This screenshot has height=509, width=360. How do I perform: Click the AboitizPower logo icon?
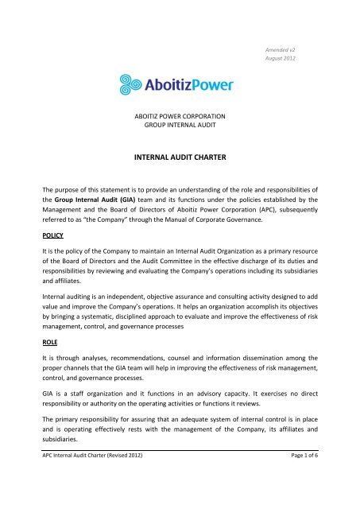coord(130,84)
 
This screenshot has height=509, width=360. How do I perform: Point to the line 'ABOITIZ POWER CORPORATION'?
coord(179,115)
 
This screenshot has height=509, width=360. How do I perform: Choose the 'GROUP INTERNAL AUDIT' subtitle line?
coord(179,126)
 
